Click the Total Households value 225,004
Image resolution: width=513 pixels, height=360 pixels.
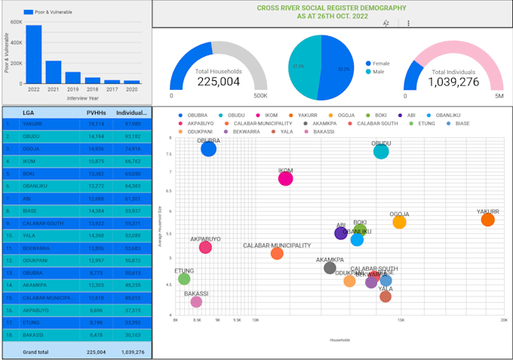point(218,82)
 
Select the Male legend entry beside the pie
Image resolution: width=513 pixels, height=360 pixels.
point(378,72)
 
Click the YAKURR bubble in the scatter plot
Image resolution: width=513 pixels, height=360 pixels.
point(488,220)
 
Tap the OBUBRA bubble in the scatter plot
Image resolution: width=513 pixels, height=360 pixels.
point(209,149)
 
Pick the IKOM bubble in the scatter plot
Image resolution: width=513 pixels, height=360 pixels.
point(285,178)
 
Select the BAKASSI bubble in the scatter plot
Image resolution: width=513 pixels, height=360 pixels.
point(196,301)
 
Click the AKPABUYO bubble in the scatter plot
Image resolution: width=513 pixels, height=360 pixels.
point(205,247)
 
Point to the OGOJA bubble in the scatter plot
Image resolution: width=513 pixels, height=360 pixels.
point(399,222)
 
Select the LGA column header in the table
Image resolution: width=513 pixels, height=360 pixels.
point(29,112)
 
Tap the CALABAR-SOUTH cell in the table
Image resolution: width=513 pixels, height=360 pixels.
point(41,223)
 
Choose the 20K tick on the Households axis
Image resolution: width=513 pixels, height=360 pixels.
point(503,320)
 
